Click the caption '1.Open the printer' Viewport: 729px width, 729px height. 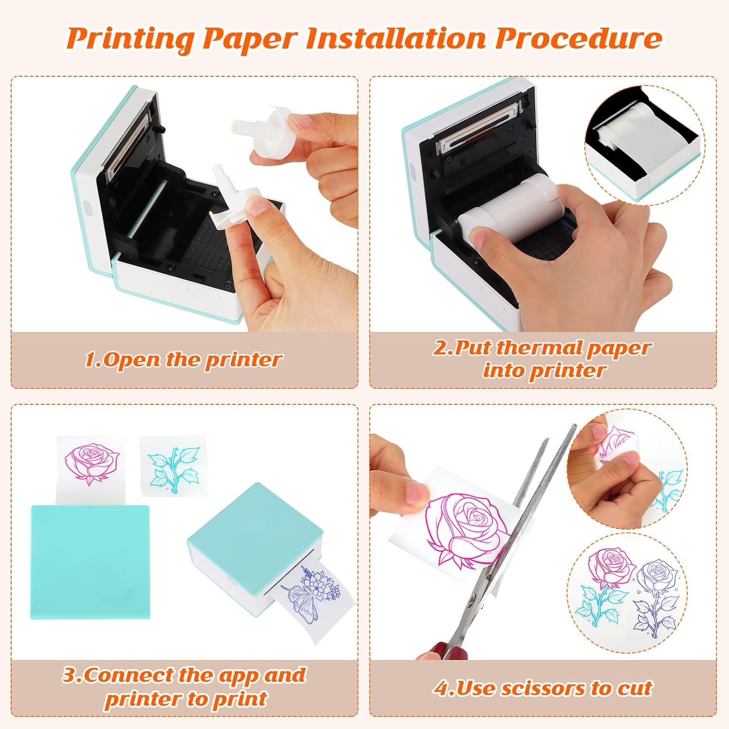coord(183,360)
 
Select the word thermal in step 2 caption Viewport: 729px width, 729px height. coord(539,348)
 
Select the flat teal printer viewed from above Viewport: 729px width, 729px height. coord(90,561)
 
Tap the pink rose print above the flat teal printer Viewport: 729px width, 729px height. coord(91,462)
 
